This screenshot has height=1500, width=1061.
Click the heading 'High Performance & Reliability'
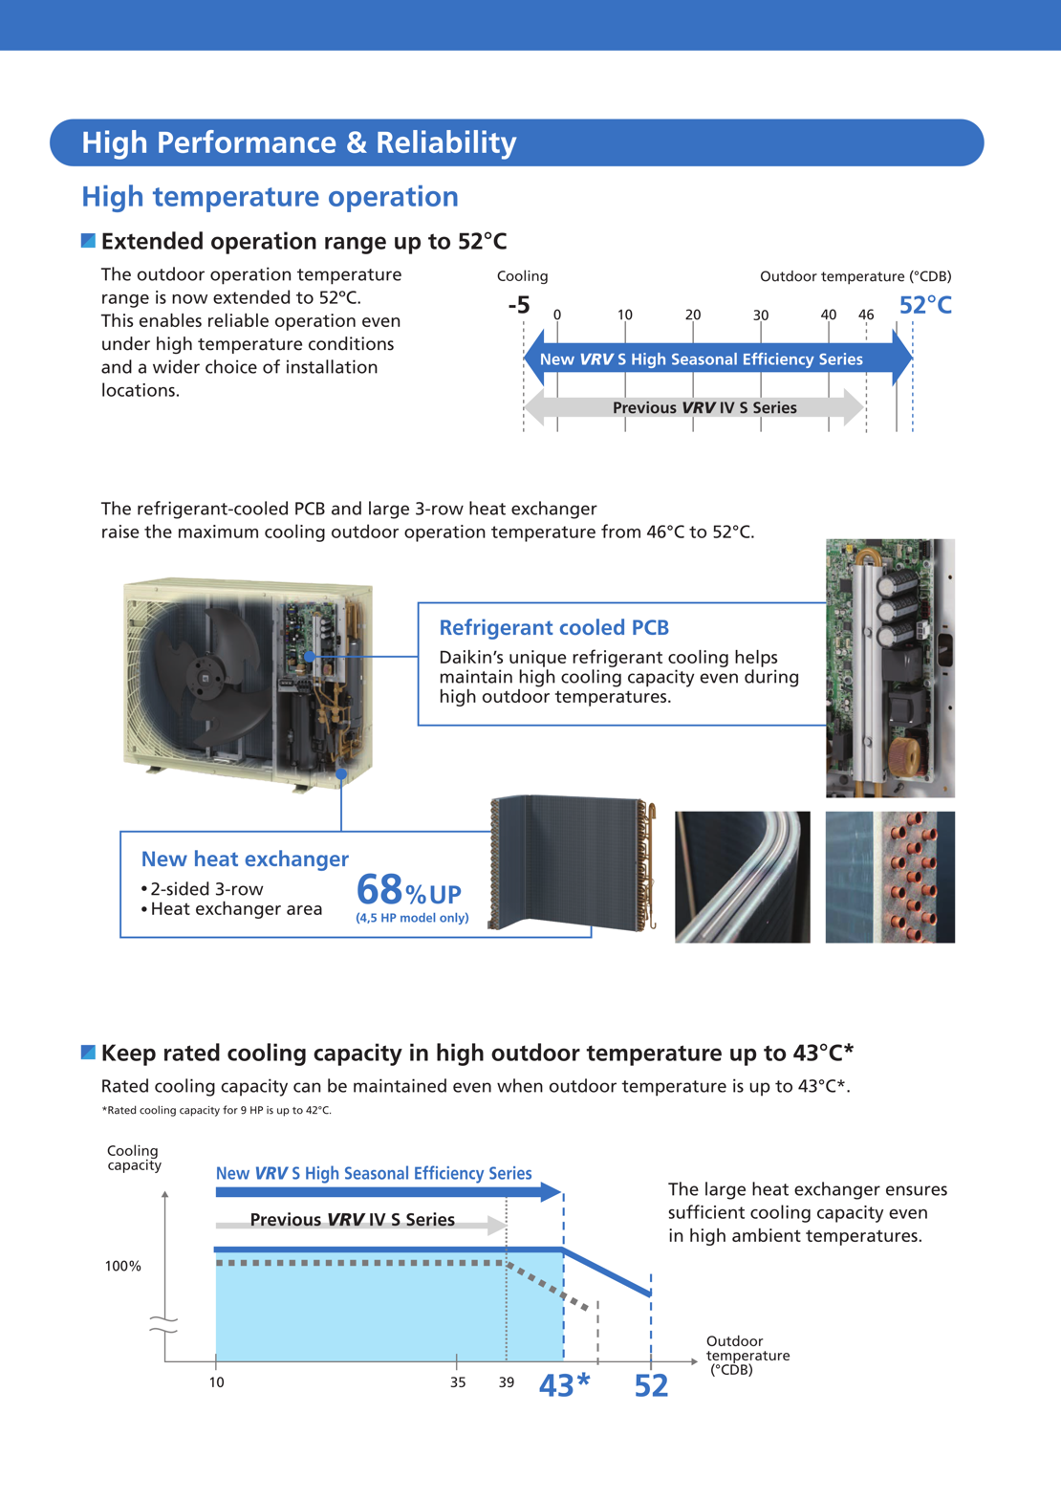[298, 142]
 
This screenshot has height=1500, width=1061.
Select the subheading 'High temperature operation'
[270, 196]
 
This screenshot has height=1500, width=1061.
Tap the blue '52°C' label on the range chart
[924, 305]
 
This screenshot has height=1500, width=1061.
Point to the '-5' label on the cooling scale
[518, 305]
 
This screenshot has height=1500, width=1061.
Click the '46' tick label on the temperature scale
[865, 315]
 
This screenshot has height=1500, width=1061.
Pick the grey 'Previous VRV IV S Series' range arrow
[695, 407]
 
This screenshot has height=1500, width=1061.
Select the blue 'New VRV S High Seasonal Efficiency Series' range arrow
[717, 359]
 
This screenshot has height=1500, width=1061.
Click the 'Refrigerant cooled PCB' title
[553, 627]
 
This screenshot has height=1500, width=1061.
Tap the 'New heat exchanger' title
[245, 859]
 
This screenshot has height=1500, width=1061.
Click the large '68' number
[379, 890]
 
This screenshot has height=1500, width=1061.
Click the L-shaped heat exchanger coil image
[571, 862]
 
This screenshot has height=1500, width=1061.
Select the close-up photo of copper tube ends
[889, 877]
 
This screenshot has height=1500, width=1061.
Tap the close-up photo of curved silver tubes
[742, 877]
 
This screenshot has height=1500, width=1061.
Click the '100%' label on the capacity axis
[122, 1266]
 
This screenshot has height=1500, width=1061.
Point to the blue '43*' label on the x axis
[564, 1384]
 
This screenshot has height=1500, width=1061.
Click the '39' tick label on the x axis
[506, 1382]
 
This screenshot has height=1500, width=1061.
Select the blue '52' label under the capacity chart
[651, 1385]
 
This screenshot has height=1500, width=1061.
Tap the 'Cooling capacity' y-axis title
[134, 1158]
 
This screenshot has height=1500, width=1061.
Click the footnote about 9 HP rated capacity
[217, 1110]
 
